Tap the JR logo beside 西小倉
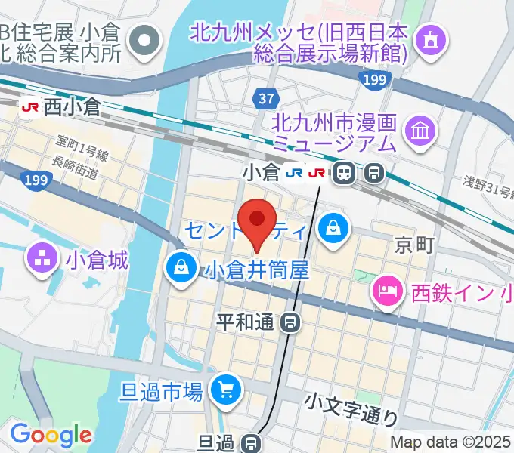click(30, 107)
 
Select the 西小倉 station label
click(71, 107)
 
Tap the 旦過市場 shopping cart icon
click(225, 390)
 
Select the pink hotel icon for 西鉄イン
click(388, 289)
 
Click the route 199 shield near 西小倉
click(34, 180)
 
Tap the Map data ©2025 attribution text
click(451, 442)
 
